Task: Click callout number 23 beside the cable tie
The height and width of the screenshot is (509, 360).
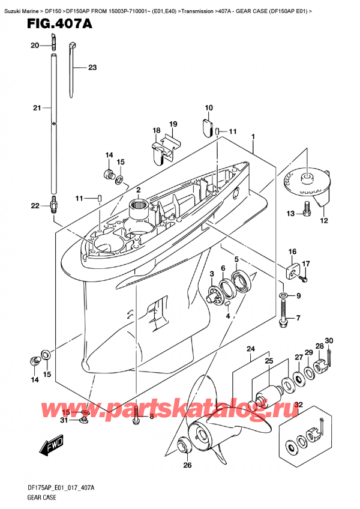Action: pos(92,67)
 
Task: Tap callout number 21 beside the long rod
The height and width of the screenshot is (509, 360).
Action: pos(37,107)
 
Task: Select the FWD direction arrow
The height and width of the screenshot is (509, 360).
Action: pos(52,445)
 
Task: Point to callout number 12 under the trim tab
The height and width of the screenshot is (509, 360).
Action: pos(323,221)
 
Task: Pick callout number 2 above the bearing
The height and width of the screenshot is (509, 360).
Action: pos(138,190)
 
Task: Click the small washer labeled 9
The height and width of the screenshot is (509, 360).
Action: pos(283,295)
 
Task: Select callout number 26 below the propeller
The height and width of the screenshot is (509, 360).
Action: pos(187,465)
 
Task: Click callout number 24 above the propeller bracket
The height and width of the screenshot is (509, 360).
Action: pos(250,349)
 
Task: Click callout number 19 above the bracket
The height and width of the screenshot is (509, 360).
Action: pos(173,124)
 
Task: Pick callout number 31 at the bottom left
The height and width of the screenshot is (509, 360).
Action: pos(64,420)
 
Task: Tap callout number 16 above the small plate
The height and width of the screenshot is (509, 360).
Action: pos(292,251)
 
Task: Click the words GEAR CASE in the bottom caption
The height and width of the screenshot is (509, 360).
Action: pos(42,498)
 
